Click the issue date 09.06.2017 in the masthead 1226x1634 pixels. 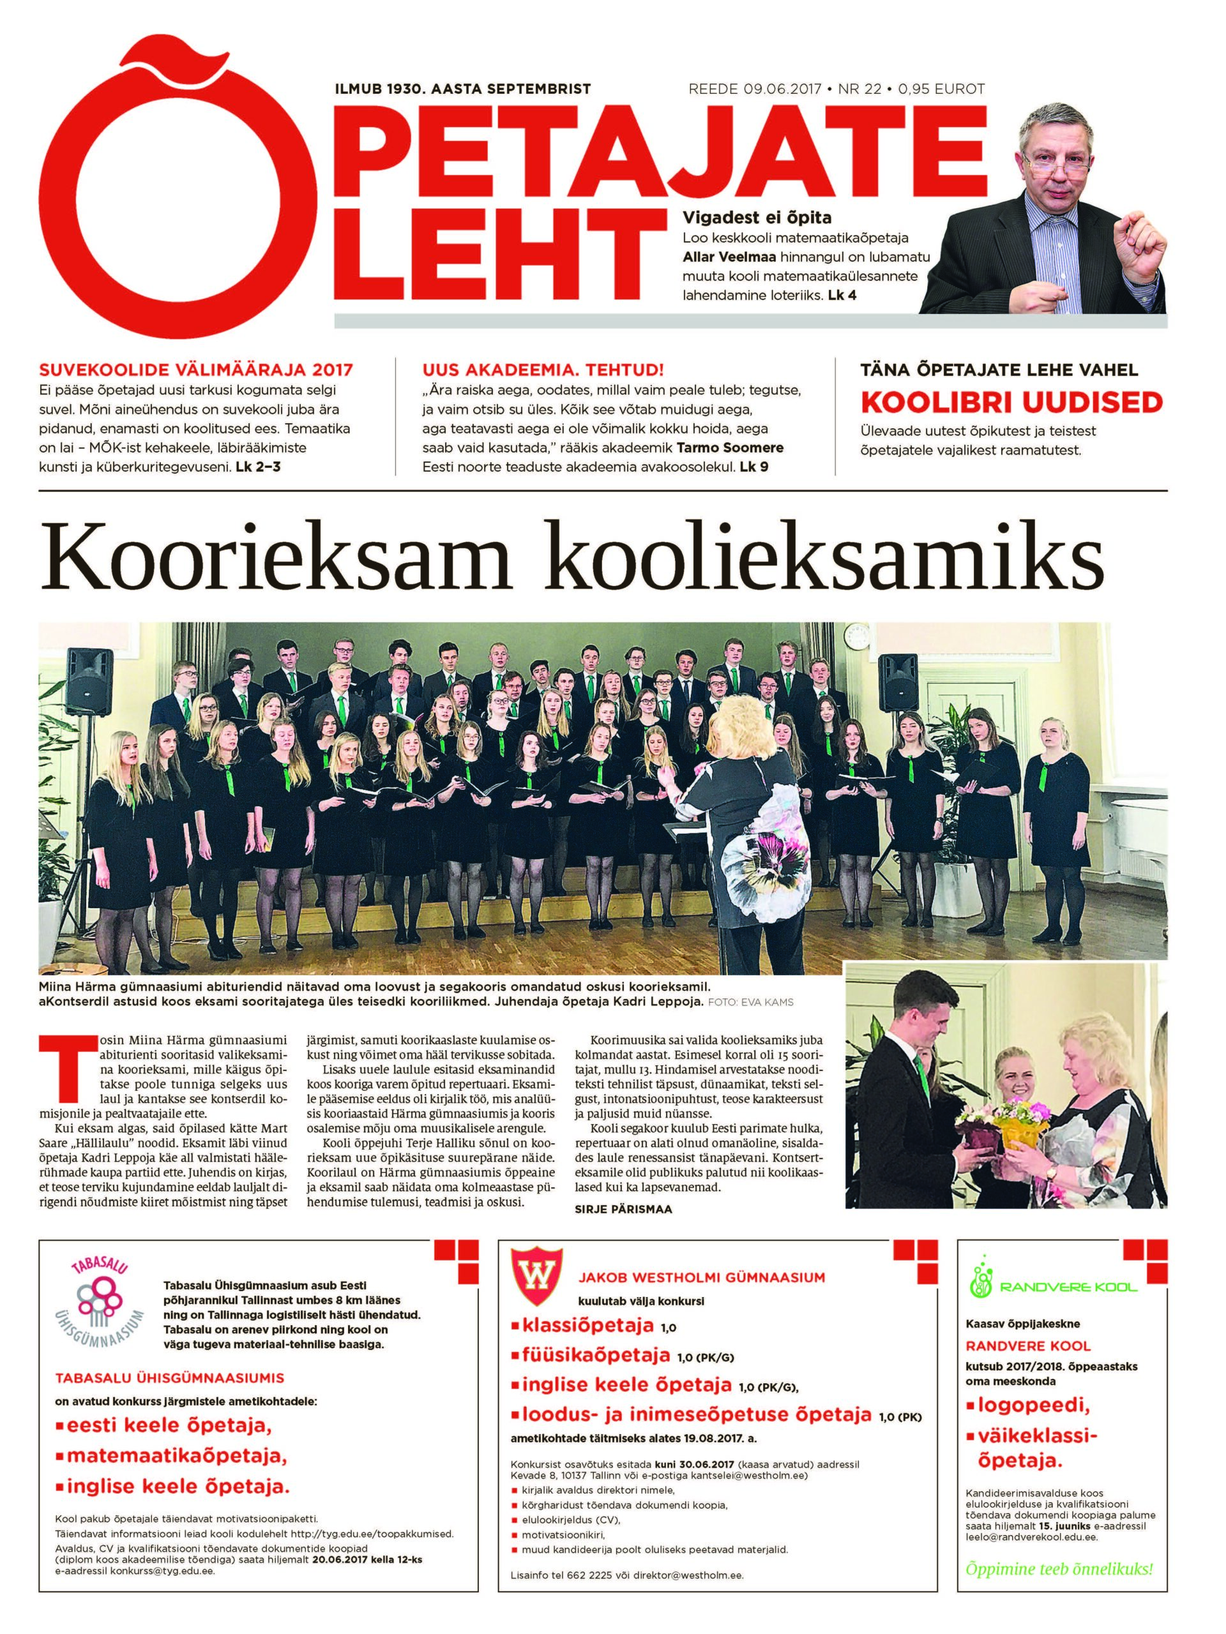(782, 89)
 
